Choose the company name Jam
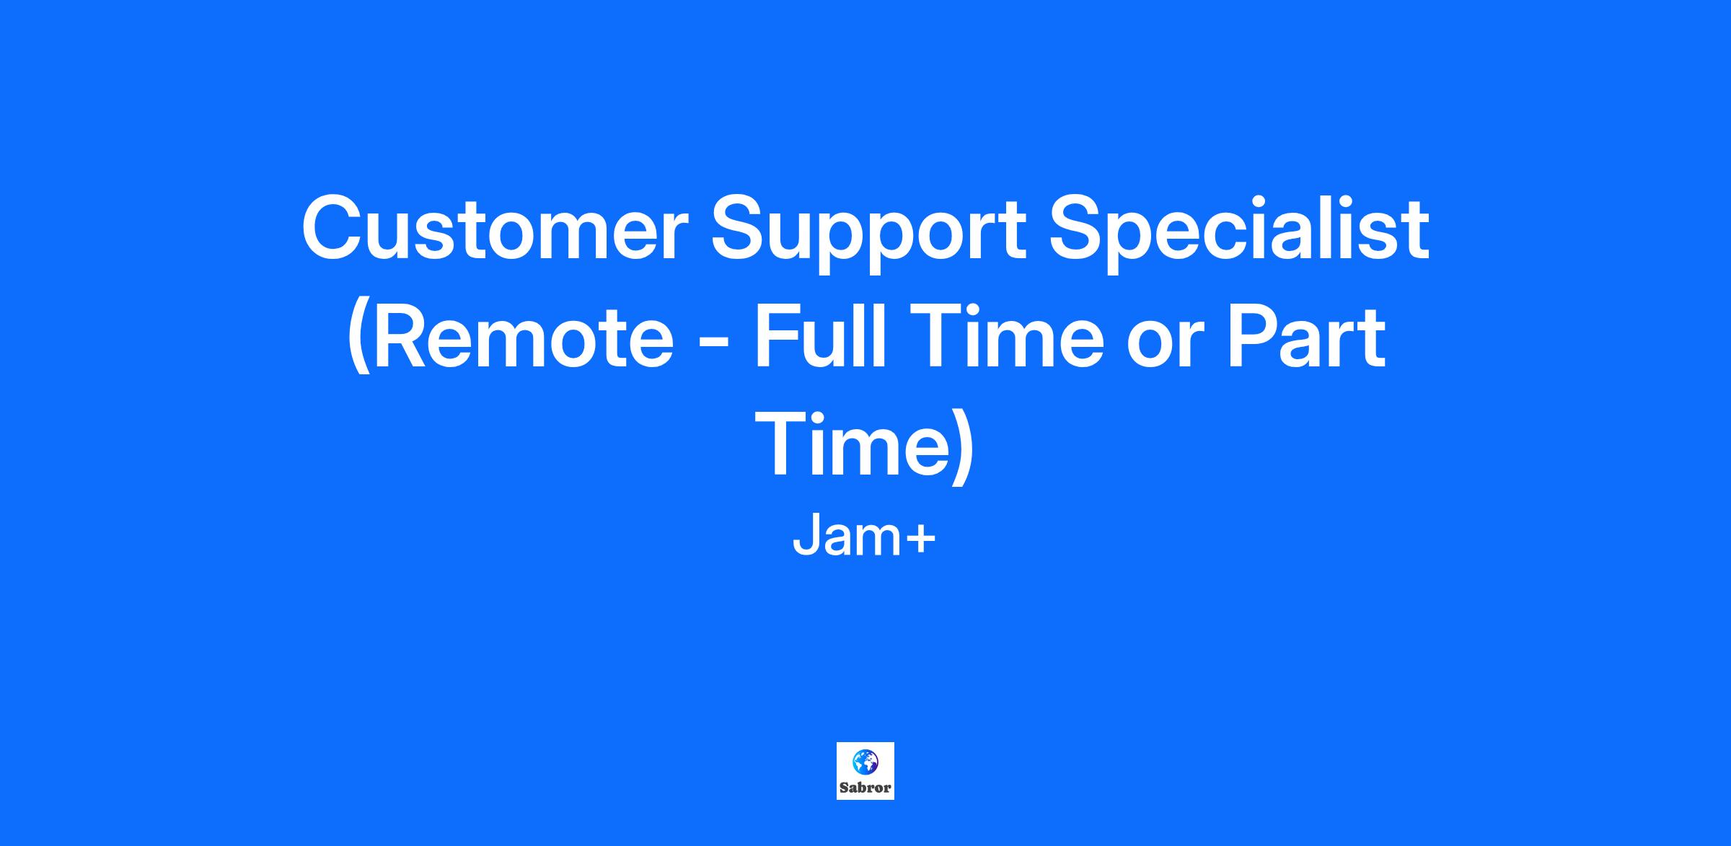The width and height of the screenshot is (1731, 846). pyautogui.click(x=845, y=538)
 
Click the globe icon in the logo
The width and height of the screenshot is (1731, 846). pyautogui.click(x=865, y=762)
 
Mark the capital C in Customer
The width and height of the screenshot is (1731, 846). pyautogui.click(x=335, y=227)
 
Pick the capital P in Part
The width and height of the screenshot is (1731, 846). pyautogui.click(x=1255, y=337)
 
